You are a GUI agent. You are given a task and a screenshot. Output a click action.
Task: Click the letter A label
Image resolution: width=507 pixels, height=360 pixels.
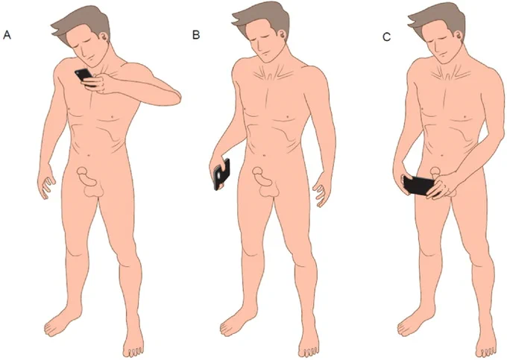click(7, 35)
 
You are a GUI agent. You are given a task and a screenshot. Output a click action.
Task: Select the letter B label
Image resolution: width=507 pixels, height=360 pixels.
click(196, 34)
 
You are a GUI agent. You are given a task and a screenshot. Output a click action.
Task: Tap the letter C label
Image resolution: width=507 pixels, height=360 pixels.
click(386, 37)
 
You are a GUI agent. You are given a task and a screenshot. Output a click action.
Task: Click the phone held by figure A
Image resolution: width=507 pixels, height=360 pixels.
click(85, 77)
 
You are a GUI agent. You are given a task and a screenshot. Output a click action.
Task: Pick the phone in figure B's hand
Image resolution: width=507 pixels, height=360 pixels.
click(222, 174)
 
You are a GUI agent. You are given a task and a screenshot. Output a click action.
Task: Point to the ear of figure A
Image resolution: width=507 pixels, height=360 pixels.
click(104, 37)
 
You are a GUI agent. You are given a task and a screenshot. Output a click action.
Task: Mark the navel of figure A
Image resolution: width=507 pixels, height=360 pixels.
click(88, 154)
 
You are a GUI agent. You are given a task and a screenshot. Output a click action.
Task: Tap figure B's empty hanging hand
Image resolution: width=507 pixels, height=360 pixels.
click(322, 194)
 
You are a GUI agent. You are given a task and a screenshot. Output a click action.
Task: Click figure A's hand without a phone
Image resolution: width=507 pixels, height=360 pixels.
click(46, 183)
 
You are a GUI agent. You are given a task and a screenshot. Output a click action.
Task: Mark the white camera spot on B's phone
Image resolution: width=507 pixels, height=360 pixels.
click(220, 174)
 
